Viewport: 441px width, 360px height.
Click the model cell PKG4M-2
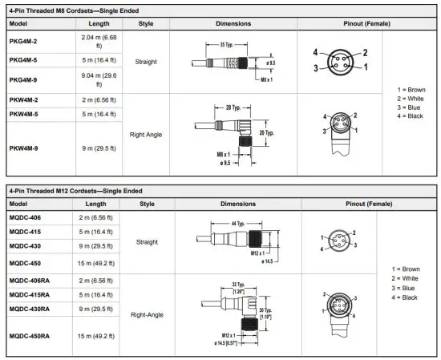coord(24,39)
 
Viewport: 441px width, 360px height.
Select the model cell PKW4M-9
coord(24,148)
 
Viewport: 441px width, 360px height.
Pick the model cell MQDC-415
coord(26,231)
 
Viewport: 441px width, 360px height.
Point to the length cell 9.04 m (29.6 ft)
coord(98,79)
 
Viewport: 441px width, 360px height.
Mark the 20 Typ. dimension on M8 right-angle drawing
coord(266,132)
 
